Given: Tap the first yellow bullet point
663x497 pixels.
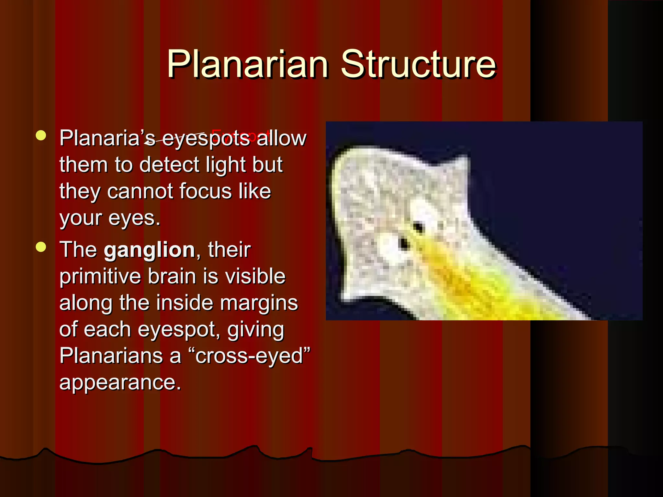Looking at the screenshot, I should pos(41,136).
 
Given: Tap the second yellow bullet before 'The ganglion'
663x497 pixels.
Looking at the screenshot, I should pos(41,247).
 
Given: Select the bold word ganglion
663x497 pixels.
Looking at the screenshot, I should pos(149,249).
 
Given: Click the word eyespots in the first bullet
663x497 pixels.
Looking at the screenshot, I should pos(206,138).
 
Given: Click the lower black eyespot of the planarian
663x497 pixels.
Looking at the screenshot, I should pos(404,243).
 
